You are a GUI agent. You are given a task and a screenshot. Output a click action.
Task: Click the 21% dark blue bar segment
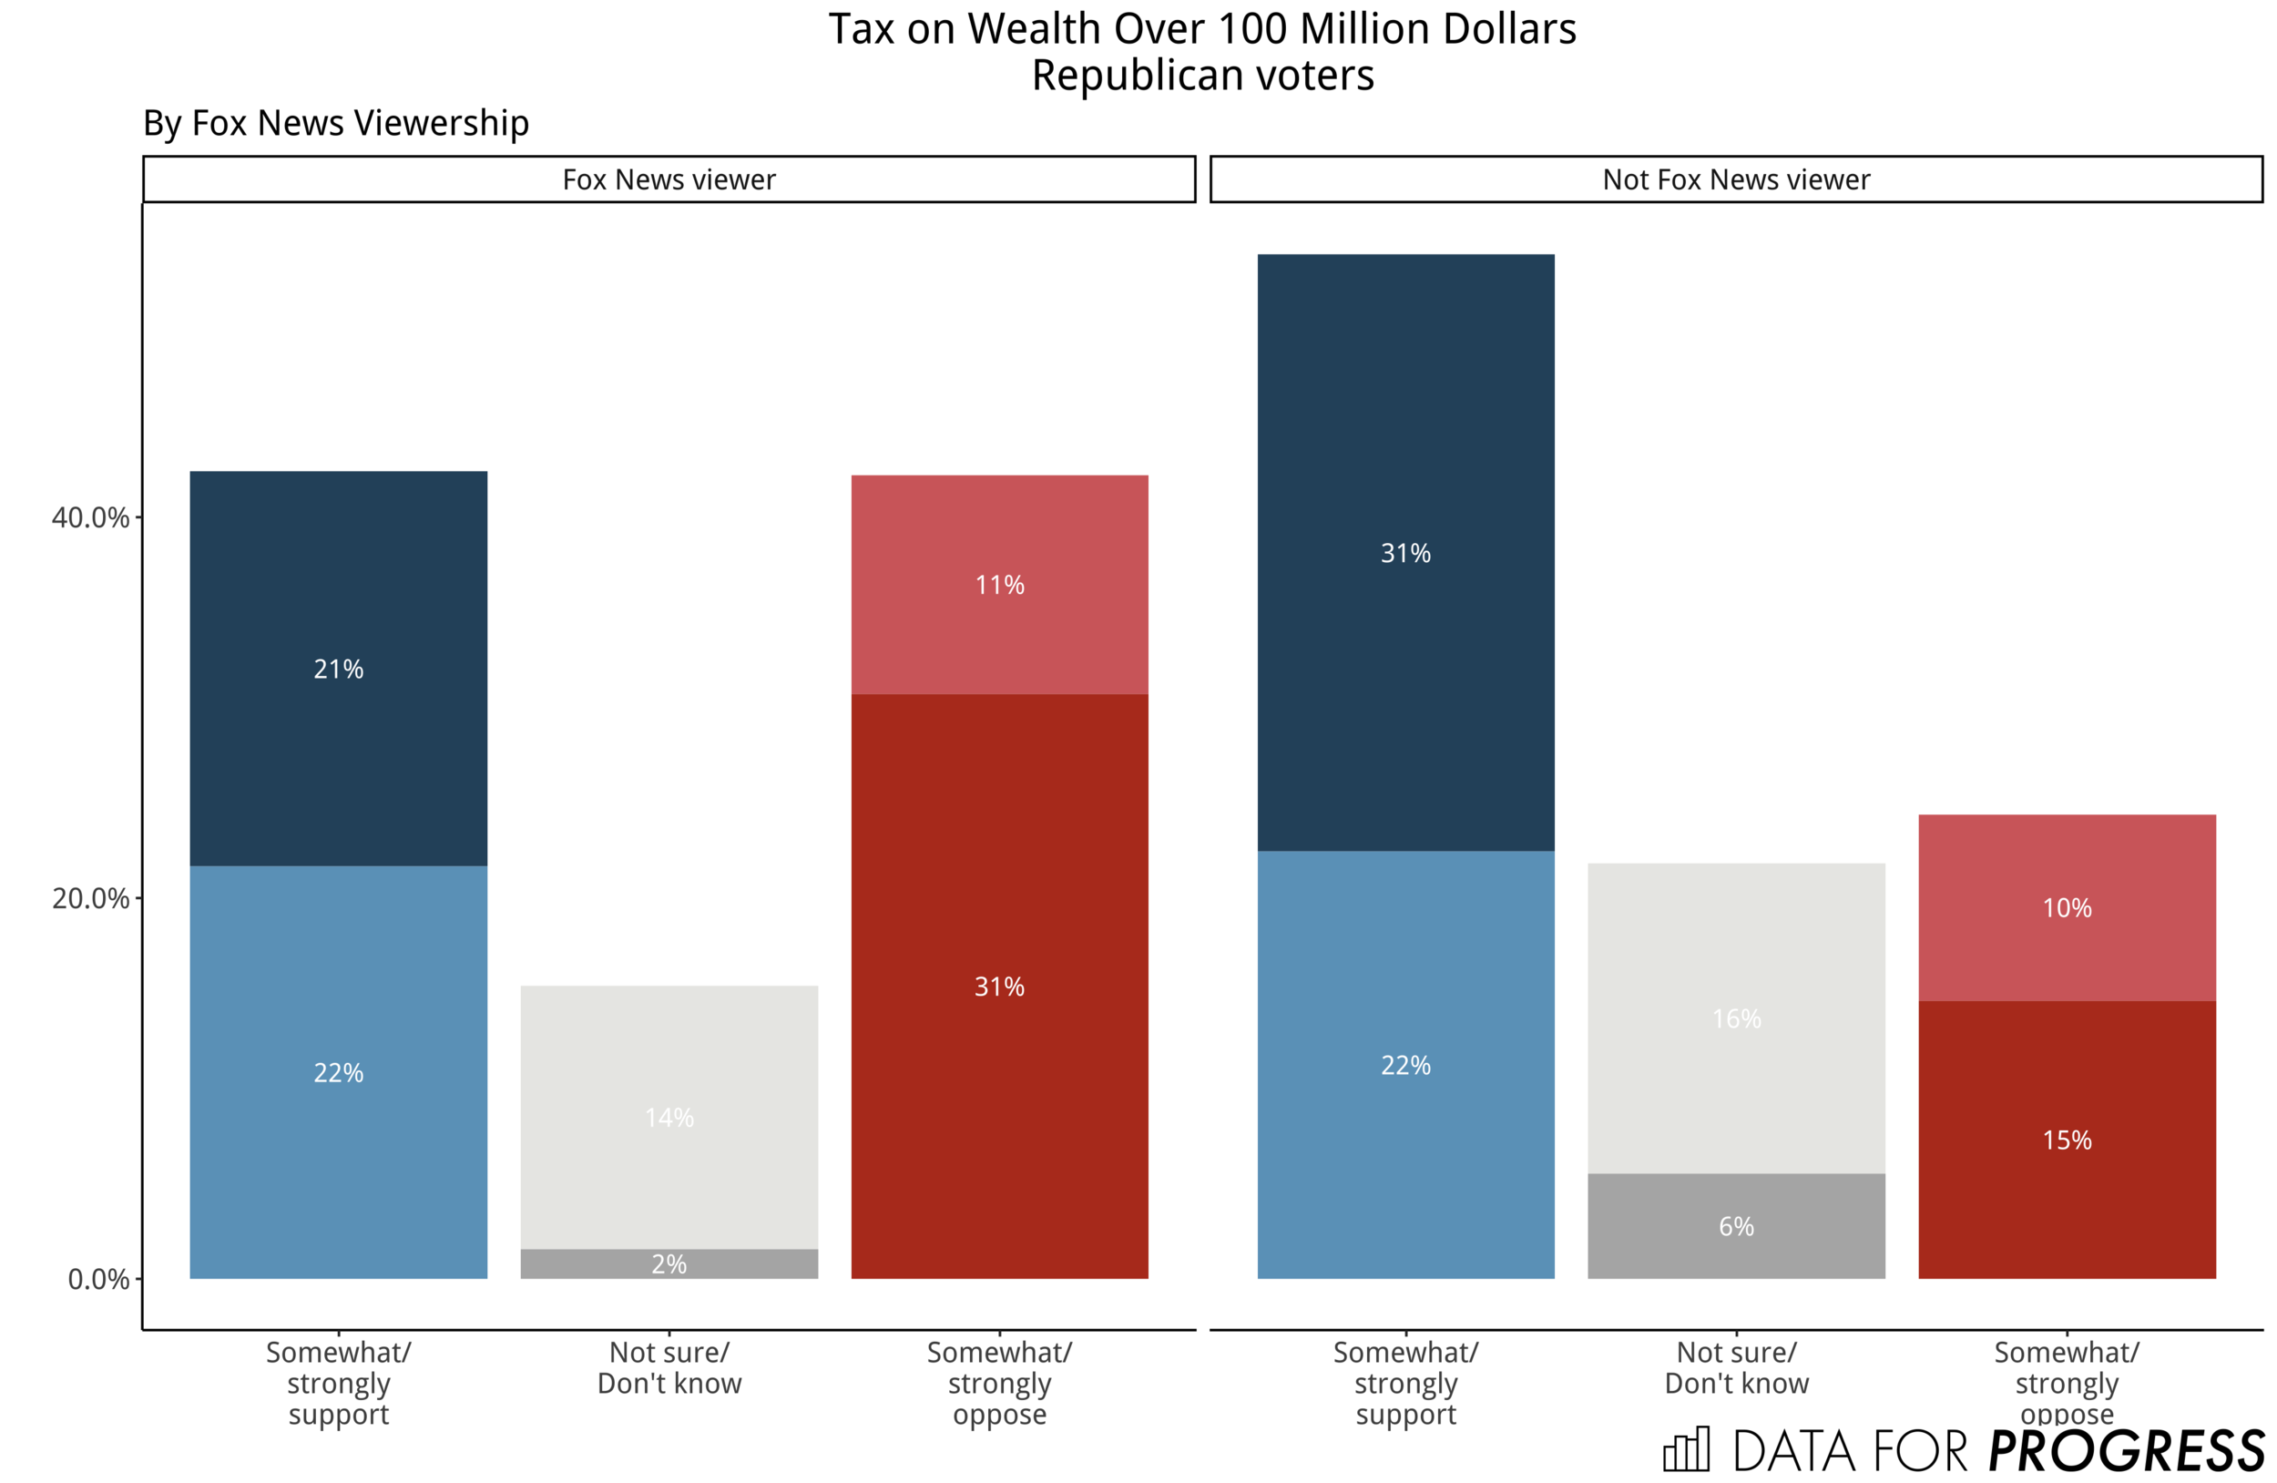338,668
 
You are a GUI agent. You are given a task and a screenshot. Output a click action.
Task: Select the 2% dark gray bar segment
669,1263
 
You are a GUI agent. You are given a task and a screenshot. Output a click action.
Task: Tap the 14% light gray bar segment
669,1117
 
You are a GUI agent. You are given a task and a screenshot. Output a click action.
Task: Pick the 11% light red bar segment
999,585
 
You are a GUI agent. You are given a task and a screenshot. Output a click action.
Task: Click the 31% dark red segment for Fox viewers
999,986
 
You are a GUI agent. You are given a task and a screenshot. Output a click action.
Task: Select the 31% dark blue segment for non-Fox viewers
1404,552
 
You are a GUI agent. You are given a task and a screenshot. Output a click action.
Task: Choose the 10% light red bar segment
2067,907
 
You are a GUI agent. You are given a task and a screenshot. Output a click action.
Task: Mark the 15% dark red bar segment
2067,1140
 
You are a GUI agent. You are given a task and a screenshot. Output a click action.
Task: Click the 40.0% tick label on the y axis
90,517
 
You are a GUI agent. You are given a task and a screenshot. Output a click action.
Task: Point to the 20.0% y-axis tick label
90,898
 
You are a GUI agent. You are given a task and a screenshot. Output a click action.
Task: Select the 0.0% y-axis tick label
97,1279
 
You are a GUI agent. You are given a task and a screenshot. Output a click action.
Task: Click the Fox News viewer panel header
669,179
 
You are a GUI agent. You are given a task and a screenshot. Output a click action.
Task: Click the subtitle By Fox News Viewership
336,123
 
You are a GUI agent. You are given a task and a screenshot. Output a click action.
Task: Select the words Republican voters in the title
1201,76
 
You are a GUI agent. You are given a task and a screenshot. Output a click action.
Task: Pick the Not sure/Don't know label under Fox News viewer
669,1367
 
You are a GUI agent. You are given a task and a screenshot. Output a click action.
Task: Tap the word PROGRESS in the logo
2126,1450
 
